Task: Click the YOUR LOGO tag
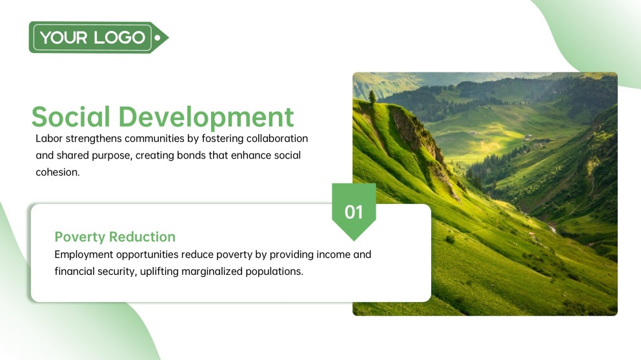click(x=93, y=37)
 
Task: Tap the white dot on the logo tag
click(x=158, y=37)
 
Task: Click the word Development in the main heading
click(x=207, y=117)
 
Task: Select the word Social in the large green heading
click(x=70, y=117)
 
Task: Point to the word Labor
click(x=48, y=139)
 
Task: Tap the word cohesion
click(x=57, y=172)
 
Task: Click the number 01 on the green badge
click(x=354, y=212)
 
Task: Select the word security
click(x=115, y=272)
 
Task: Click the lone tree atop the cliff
click(x=372, y=96)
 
